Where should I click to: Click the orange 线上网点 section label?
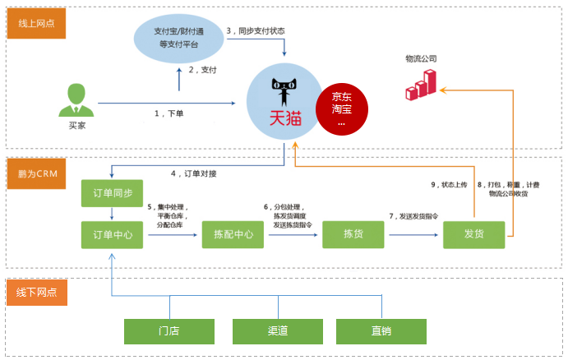[x=35, y=23]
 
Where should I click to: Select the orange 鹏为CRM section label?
[x=35, y=174]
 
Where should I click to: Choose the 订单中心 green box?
[x=113, y=235]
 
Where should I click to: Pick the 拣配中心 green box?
[x=233, y=235]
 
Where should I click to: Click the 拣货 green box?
[x=353, y=235]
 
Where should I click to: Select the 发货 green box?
[x=473, y=235]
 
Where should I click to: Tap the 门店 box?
[x=169, y=331]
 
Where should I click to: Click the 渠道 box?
[x=277, y=331]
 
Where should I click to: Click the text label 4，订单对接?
[x=194, y=173]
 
